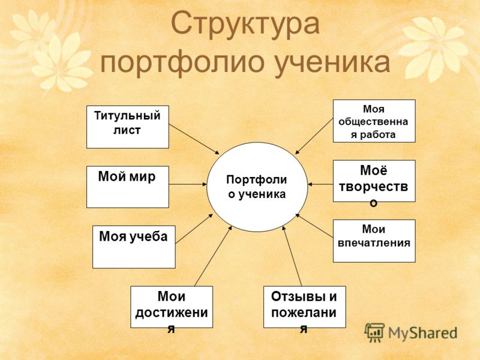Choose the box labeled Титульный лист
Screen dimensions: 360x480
(x=128, y=127)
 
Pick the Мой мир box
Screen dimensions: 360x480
(x=128, y=187)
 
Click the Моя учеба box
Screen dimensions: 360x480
(x=134, y=247)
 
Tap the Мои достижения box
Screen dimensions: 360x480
(x=172, y=307)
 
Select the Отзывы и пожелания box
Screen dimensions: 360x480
(x=305, y=307)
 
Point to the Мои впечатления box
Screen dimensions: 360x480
(x=374, y=241)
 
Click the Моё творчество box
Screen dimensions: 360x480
(x=374, y=181)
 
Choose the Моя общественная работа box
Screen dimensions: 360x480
(x=374, y=121)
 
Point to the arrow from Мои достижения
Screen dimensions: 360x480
(x=213, y=256)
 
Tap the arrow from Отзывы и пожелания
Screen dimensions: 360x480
(x=292, y=256)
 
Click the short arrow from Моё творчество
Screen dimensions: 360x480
(x=320, y=184)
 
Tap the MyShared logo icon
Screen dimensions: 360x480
(x=375, y=332)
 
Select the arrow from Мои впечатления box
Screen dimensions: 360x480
(x=314, y=228)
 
